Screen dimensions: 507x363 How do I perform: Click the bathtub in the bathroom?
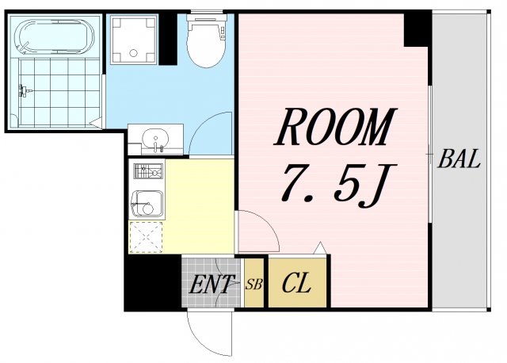point(55,36)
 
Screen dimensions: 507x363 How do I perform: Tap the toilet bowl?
point(206,41)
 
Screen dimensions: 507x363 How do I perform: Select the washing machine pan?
point(134,40)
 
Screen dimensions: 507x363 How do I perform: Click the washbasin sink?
point(155,139)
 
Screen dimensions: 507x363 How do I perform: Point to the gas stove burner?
point(148,171)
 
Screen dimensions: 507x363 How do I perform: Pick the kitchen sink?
point(147,204)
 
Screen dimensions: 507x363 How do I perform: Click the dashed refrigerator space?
point(146,237)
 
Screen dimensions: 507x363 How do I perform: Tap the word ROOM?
point(335,127)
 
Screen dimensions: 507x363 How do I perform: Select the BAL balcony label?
point(459,159)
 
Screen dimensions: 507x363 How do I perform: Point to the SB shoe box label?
point(253,285)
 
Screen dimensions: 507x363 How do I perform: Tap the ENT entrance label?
point(212,285)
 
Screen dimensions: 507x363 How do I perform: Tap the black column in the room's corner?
point(417,29)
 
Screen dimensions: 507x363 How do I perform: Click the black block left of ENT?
point(153,282)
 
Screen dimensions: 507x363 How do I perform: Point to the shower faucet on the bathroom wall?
point(25,91)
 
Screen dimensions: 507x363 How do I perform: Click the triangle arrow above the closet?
point(320,248)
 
